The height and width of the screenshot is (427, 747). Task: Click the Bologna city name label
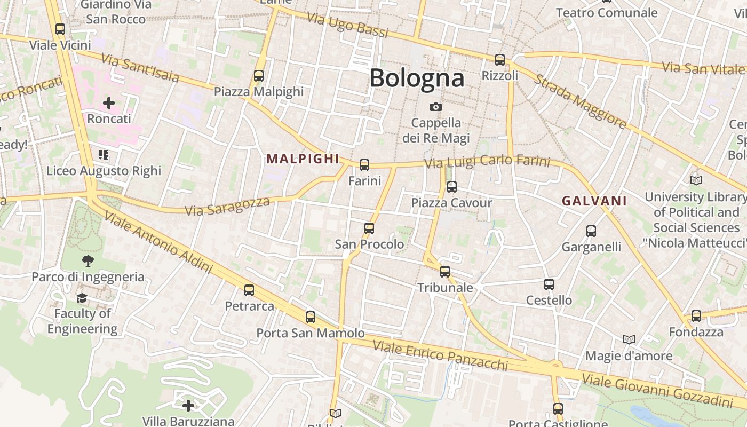pyautogui.click(x=417, y=78)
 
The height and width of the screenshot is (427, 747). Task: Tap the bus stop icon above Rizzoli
pyautogui.click(x=500, y=60)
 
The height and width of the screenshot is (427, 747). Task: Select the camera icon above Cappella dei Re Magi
pyautogui.click(x=436, y=107)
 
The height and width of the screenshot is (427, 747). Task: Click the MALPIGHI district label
pyautogui.click(x=303, y=159)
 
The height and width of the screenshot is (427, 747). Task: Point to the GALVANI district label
pyautogui.click(x=594, y=201)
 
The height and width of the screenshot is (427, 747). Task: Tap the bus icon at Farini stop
pyautogui.click(x=364, y=165)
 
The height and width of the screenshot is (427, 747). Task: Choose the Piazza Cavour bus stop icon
pyautogui.click(x=452, y=187)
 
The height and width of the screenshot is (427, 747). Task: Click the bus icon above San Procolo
pyautogui.click(x=369, y=228)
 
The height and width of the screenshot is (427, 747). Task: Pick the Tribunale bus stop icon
pyautogui.click(x=445, y=272)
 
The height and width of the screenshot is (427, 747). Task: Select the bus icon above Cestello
pyautogui.click(x=549, y=284)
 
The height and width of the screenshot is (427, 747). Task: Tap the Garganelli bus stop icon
pyautogui.click(x=591, y=231)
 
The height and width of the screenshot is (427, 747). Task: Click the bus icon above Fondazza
pyautogui.click(x=696, y=316)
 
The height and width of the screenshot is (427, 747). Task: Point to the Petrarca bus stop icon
pyautogui.click(x=249, y=290)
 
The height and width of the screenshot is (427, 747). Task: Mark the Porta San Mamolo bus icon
pyautogui.click(x=311, y=317)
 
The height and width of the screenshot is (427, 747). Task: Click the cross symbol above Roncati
pyautogui.click(x=109, y=102)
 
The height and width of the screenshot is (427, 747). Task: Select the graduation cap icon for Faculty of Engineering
pyautogui.click(x=82, y=298)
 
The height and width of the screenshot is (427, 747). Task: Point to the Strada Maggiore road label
pyautogui.click(x=581, y=101)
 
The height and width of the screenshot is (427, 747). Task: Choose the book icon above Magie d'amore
pyautogui.click(x=629, y=339)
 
